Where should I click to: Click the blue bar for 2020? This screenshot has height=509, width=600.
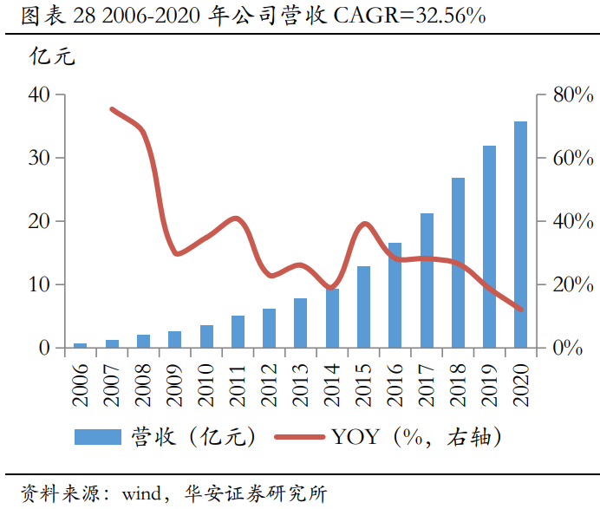pos(520,235)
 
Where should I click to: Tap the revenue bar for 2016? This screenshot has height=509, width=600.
pos(395,295)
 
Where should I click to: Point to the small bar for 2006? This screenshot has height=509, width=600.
pos(80,345)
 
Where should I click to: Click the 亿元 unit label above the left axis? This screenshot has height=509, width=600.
pos(53,58)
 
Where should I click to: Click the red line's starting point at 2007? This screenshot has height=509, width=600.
pos(112,109)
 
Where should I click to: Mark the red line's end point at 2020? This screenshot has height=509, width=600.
pos(521,310)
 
